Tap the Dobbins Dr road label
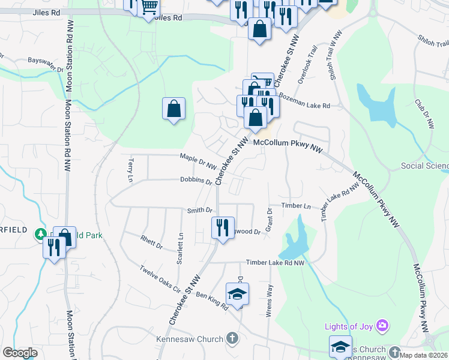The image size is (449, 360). (x=196, y=181)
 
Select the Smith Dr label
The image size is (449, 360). (x=200, y=210)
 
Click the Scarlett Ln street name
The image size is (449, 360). (x=179, y=248)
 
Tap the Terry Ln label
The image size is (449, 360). (x=130, y=170)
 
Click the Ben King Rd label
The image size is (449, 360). (x=212, y=302)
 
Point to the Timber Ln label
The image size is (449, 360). (x=296, y=206)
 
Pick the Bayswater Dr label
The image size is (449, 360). (x=46, y=64)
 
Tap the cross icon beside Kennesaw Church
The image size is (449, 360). (x=232, y=338)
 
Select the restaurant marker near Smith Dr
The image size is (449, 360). (x=223, y=228)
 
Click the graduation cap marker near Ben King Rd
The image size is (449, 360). (x=237, y=294)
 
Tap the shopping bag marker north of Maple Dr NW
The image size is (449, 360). (x=173, y=109)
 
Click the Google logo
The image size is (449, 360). (x=20, y=353)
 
